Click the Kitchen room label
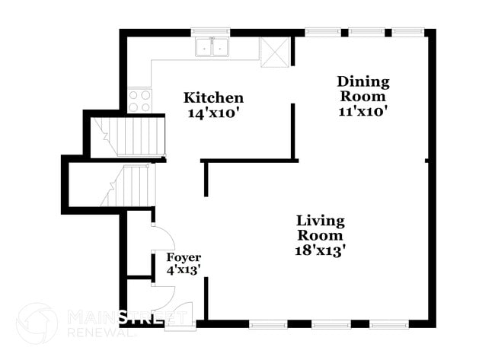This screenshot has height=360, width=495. [x=214, y=98]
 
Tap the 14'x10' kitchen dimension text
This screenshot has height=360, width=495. [x=212, y=113]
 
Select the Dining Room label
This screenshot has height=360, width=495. [x=363, y=88]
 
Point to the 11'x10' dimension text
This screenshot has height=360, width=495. [x=363, y=111]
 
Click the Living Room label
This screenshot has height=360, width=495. [x=321, y=228]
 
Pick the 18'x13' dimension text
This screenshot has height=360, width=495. [x=320, y=251]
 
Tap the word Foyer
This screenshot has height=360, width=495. [x=184, y=258]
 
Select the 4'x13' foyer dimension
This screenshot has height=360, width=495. [x=183, y=270]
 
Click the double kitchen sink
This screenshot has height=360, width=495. [x=212, y=47]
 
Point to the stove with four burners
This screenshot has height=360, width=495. [x=139, y=100]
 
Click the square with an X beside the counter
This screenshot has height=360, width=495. [x=275, y=52]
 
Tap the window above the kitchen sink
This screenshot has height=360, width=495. [x=210, y=31]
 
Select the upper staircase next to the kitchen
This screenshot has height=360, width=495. [x=127, y=137]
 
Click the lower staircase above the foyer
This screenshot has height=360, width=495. [x=127, y=186]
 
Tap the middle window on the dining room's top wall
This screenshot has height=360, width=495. [x=366, y=31]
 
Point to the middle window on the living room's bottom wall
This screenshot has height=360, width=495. [x=331, y=324]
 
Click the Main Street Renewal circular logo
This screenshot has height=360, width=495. [x=37, y=323]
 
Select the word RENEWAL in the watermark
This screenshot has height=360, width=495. [x=101, y=333]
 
